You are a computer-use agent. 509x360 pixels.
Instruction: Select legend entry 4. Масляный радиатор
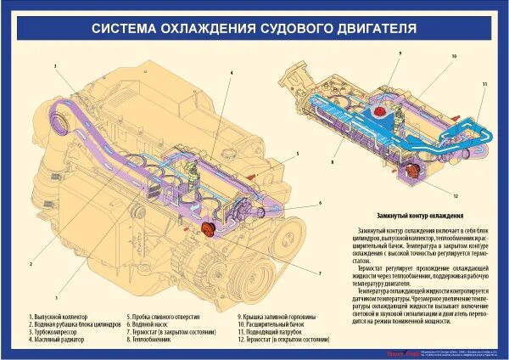tap(59, 340)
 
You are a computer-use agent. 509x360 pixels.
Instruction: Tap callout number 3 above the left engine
tap(55, 65)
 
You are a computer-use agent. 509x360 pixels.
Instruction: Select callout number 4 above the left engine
tap(230, 73)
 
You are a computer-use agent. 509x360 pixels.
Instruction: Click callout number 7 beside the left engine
tap(320, 273)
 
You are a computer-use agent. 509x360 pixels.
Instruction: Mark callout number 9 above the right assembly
tap(399, 53)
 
